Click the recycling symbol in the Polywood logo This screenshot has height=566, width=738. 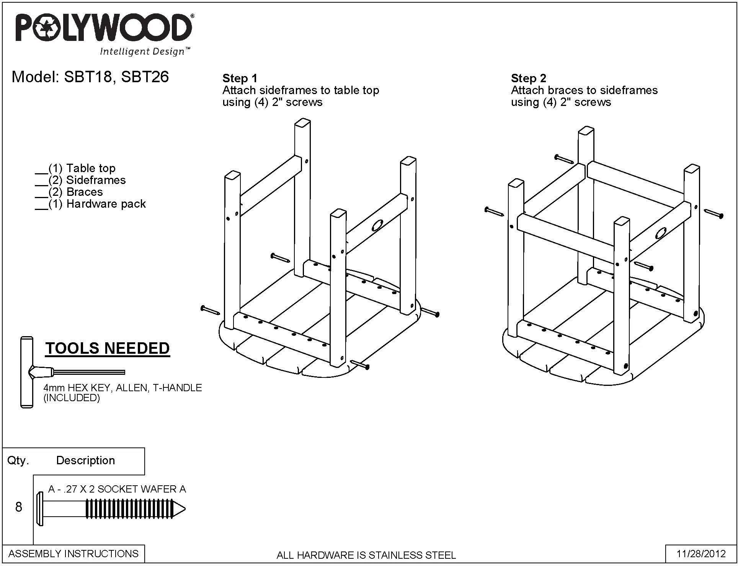(x=47, y=28)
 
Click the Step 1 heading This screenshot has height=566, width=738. (x=240, y=78)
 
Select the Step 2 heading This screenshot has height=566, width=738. (x=528, y=78)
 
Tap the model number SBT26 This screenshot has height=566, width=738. (x=145, y=77)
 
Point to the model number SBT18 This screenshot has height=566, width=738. (x=87, y=77)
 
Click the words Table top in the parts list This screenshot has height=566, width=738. (x=91, y=168)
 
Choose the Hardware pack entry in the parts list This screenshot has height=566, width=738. (x=106, y=204)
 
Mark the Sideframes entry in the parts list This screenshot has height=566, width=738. (x=96, y=180)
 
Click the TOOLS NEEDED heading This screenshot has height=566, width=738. (x=108, y=348)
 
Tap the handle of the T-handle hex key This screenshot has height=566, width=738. (x=27, y=372)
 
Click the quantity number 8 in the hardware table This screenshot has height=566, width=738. (x=19, y=507)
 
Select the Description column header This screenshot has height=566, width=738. (x=85, y=460)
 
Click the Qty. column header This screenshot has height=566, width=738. (x=18, y=460)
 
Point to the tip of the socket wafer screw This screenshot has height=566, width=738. (x=186, y=509)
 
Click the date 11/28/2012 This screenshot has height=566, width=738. (x=701, y=554)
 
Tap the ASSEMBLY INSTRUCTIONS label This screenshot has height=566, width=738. (x=73, y=554)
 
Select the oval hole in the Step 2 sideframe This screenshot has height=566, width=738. (x=661, y=233)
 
